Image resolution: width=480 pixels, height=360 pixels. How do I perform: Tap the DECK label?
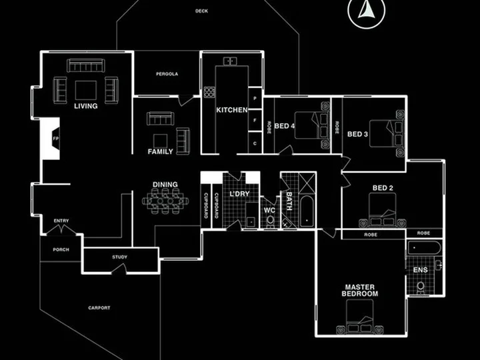click(x=201, y=11)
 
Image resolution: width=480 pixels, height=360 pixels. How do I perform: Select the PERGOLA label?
click(x=167, y=74)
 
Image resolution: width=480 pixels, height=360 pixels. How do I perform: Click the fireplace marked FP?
click(x=51, y=139)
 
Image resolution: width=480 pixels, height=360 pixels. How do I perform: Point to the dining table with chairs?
click(x=165, y=201)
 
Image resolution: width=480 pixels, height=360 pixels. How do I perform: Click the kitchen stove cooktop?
click(x=210, y=92)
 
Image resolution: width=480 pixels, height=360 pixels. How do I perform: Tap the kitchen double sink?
click(x=230, y=61)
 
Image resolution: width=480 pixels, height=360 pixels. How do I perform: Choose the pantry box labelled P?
click(x=255, y=98)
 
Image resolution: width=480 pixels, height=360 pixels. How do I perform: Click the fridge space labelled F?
click(x=255, y=120)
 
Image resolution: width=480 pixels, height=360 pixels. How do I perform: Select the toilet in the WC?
click(x=270, y=221)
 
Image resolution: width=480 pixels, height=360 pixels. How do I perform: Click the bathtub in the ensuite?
click(x=424, y=247)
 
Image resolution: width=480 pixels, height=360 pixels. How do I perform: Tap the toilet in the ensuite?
click(x=421, y=287)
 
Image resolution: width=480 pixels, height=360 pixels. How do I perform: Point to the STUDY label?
click(x=119, y=257)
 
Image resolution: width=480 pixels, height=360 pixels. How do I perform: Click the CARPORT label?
click(x=99, y=307)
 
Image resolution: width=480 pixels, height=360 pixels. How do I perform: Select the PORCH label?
click(x=61, y=249)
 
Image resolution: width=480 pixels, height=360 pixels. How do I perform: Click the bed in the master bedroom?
click(x=360, y=317)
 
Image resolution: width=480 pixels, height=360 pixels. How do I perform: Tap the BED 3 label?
click(x=357, y=134)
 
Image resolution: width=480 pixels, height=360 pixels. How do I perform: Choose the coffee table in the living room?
click(x=86, y=90)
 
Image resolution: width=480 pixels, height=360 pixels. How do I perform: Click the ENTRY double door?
click(x=61, y=229)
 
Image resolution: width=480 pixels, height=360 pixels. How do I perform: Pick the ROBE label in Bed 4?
click(x=269, y=127)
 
